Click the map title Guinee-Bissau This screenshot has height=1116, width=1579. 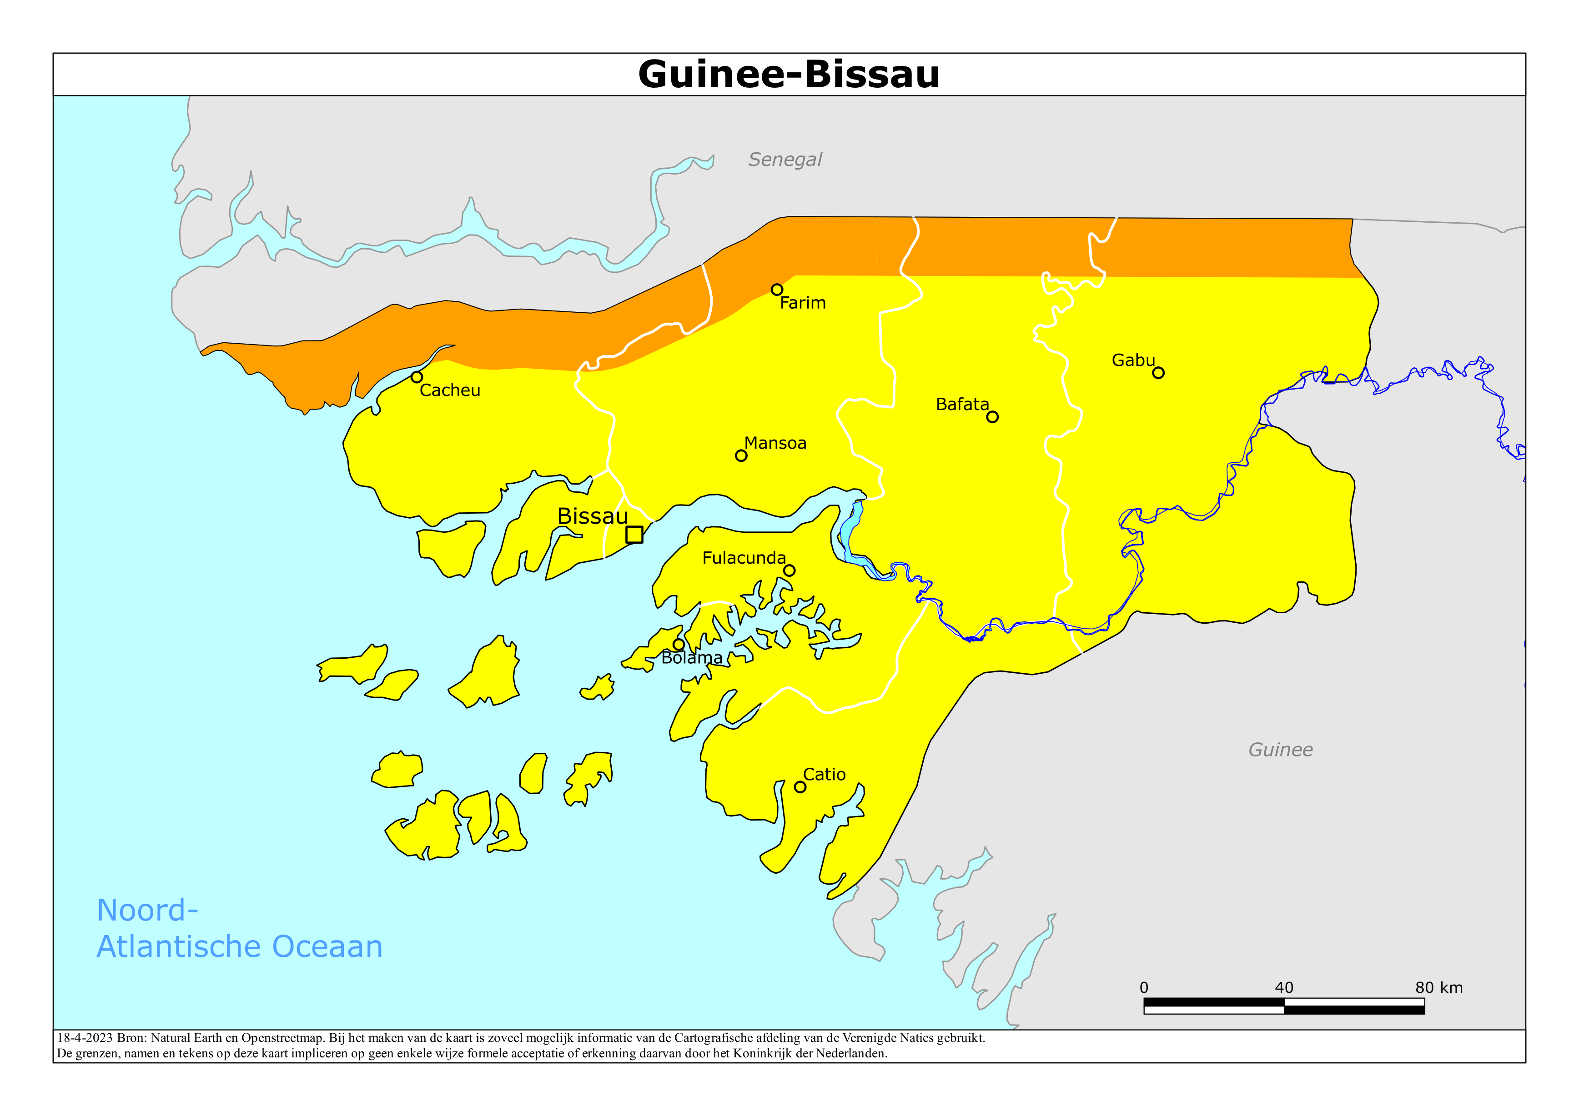pos(789,74)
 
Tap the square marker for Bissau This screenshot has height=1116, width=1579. pos(634,534)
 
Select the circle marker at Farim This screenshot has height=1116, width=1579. pos(776,290)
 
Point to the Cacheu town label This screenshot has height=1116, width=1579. pos(450,390)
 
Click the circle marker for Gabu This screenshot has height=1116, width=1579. pos(1158,373)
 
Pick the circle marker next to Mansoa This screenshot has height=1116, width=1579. pos(741,455)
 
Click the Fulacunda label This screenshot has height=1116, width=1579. pos(744,558)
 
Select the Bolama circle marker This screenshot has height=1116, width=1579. pos(678,644)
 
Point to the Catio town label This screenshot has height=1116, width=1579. pos(824,774)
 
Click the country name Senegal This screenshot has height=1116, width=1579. pos(784,160)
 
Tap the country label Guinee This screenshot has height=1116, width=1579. pos(1280,750)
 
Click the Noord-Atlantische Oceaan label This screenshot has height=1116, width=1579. pos(239,928)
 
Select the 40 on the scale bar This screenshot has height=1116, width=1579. pos(1283,987)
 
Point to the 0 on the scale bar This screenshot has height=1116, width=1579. pos(1144,987)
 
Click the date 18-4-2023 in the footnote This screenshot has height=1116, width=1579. pos(84,1038)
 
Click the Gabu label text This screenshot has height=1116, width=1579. pos(1133,360)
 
